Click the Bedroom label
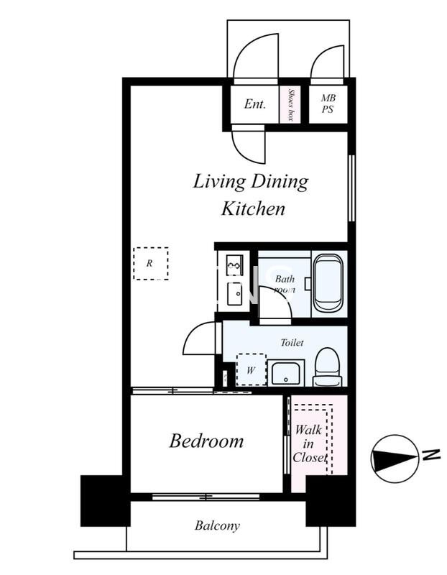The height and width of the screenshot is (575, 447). pyautogui.click(x=206, y=441)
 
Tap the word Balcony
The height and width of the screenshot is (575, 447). pyautogui.click(x=217, y=526)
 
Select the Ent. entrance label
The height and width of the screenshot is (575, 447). pyautogui.click(x=255, y=103)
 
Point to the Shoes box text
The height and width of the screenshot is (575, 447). pyautogui.click(x=292, y=104)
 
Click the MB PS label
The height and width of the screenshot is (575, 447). pyautogui.click(x=328, y=103)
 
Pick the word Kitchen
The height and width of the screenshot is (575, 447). pyautogui.click(x=254, y=208)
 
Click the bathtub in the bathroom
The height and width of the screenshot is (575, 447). pyautogui.click(x=328, y=283)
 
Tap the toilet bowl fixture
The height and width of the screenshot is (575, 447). pyautogui.click(x=328, y=367)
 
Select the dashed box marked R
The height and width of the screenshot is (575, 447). pyautogui.click(x=151, y=264)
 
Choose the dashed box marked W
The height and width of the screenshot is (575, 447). pyautogui.click(x=252, y=369)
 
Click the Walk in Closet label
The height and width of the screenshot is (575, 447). pyautogui.click(x=310, y=443)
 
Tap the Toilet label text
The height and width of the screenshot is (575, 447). pyautogui.click(x=292, y=343)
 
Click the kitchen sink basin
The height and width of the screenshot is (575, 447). pyautogui.click(x=235, y=294)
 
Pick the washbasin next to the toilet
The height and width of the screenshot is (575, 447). pyautogui.click(x=286, y=372)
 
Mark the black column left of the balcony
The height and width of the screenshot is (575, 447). pyautogui.click(x=105, y=501)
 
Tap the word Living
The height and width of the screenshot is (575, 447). pyautogui.click(x=219, y=183)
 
